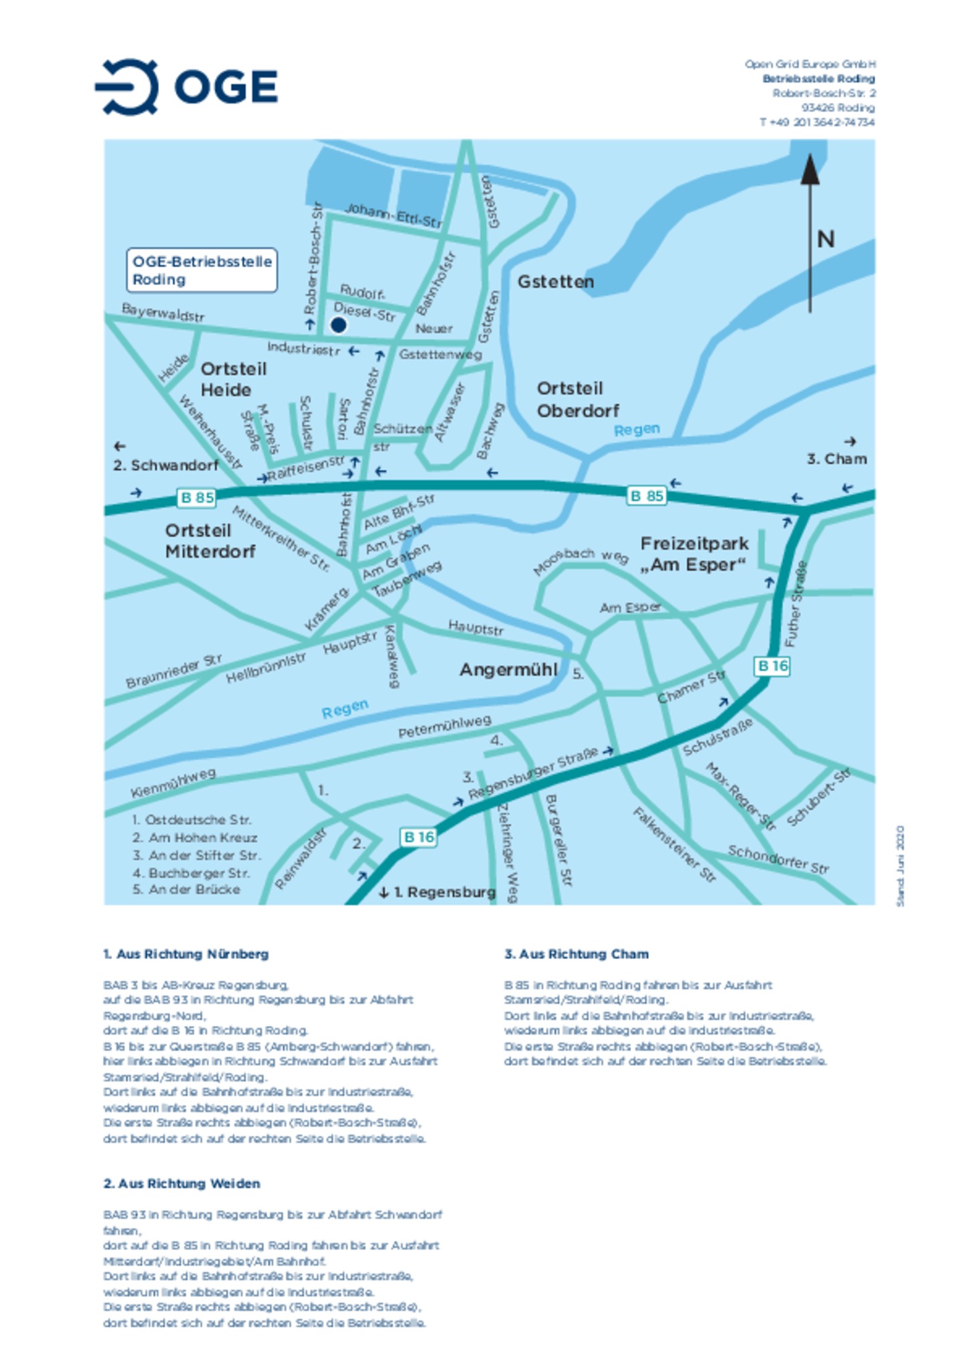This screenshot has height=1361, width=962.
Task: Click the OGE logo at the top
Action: coord(186,87)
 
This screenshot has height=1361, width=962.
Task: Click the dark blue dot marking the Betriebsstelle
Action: coord(339,325)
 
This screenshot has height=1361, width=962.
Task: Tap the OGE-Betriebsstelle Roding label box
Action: coord(202,270)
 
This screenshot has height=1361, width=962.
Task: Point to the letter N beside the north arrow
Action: coord(826,239)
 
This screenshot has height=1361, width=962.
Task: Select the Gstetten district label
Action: coord(556,282)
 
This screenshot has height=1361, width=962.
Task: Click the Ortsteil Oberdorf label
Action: coord(578,399)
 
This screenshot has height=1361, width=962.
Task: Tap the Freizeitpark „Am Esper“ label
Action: coord(694,554)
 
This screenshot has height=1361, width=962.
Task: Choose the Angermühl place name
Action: coord(508,670)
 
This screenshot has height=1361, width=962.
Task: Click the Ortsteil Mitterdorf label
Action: coord(210,541)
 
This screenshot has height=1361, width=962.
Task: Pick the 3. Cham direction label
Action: coord(836,459)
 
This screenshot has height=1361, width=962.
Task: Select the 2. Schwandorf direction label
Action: coord(166,465)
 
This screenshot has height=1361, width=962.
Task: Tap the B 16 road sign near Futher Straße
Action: coord(772,666)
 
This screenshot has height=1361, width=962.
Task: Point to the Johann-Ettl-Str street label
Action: coord(393,216)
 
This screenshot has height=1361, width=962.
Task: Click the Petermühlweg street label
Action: coord(445,727)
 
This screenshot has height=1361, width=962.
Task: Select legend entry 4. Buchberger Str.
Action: coord(191,873)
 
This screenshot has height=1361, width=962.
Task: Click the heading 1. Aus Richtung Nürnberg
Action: coord(186,954)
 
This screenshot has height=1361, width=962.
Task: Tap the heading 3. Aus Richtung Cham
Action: coord(577,954)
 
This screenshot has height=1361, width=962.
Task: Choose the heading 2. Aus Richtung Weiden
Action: coord(182,1183)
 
